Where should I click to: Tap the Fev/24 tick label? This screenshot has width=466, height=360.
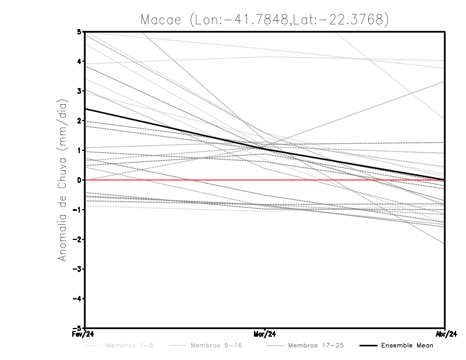point(84,334)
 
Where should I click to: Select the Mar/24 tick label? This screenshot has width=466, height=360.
point(265,334)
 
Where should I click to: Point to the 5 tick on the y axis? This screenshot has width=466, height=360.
point(79,32)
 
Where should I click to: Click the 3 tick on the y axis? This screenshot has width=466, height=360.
point(79,91)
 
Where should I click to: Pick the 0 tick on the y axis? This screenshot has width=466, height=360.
point(79,180)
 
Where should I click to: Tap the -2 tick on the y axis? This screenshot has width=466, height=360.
point(78,239)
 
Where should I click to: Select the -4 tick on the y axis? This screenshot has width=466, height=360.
point(78,298)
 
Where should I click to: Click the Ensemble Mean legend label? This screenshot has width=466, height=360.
point(407,345)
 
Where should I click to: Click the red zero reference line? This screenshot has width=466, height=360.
point(175,180)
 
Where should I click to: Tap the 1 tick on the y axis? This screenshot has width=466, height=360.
point(79,150)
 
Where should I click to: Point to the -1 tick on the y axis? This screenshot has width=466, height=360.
point(78,210)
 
